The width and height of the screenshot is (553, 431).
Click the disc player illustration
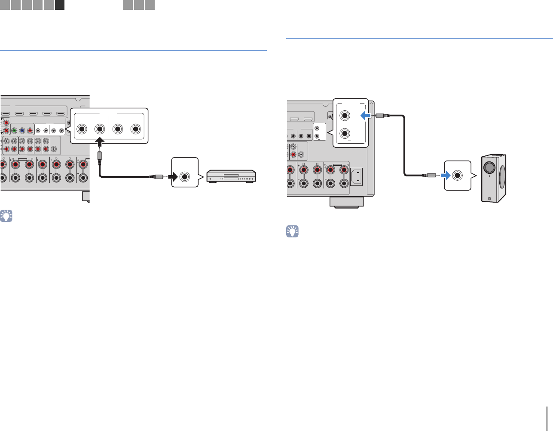pos(232,176)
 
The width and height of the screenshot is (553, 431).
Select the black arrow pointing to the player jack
pos(173,176)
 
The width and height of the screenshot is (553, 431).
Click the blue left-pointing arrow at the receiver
pos(365,115)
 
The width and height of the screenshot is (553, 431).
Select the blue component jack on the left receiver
pos(22,131)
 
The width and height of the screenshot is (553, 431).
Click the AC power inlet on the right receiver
pos(356,176)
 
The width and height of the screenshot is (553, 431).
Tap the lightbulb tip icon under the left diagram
pos(6,216)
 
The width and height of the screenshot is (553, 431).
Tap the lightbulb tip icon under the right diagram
pos(292,232)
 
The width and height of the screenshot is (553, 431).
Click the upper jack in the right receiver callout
pos(345,115)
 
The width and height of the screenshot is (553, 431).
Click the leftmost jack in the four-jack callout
pos(82,129)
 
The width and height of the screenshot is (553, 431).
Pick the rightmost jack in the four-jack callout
pos(136,129)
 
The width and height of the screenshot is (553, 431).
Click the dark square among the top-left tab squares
pos(60,5)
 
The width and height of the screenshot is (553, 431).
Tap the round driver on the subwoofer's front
pos(489,167)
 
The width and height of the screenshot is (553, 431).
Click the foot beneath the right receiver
pos(346,202)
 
